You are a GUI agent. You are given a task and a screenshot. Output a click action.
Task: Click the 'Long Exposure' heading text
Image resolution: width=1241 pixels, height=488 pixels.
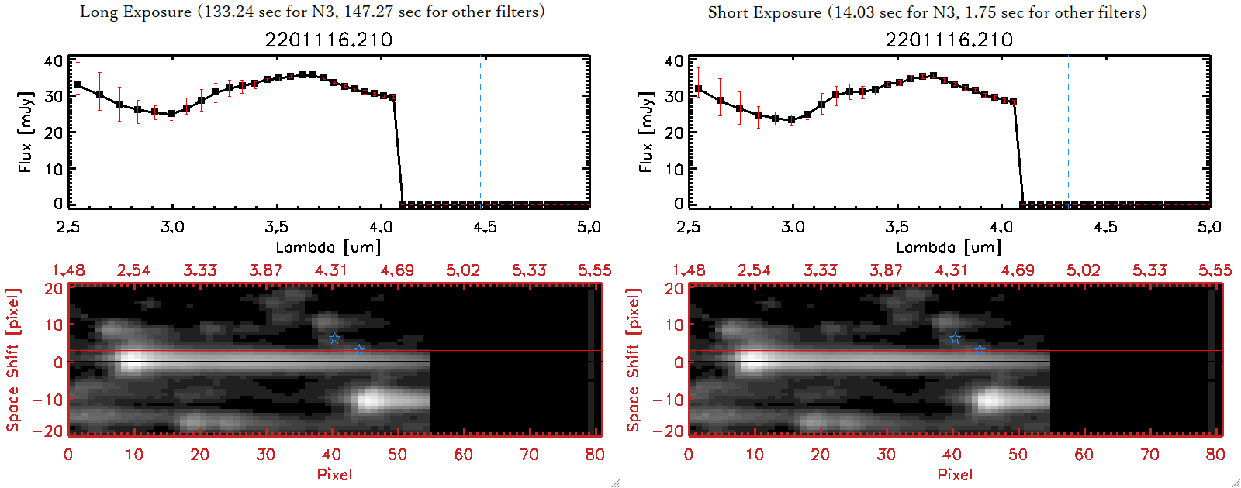tap(136, 12)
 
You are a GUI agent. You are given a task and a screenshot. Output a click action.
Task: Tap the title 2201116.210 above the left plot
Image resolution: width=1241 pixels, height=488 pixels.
tap(328, 40)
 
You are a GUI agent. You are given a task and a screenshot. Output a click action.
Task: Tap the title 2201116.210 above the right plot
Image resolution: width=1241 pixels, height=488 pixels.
tap(949, 40)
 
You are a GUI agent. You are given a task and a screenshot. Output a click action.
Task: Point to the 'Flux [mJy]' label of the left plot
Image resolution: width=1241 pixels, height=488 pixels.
tap(26, 132)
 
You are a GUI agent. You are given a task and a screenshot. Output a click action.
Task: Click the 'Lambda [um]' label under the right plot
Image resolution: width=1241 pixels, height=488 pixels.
tap(949, 247)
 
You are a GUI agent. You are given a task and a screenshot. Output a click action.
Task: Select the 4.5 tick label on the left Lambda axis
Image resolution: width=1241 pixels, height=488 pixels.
tap(485, 227)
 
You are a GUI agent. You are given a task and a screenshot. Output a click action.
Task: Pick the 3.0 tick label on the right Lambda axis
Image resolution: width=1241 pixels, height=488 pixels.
tap(793, 227)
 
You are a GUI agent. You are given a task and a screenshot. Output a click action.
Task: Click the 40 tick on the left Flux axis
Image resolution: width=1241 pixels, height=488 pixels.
tap(54, 61)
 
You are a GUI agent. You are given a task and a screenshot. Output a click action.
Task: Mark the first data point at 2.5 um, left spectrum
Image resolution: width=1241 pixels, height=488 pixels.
tap(78, 85)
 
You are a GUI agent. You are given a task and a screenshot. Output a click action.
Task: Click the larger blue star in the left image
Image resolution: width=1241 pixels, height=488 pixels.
tap(334, 339)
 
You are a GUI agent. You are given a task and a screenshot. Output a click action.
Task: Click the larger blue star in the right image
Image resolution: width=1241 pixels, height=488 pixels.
tap(955, 339)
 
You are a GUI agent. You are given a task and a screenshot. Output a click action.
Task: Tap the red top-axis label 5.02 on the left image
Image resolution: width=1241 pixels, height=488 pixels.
tap(463, 270)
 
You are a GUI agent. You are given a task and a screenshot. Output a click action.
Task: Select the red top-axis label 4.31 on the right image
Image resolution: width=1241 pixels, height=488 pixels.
tap(952, 270)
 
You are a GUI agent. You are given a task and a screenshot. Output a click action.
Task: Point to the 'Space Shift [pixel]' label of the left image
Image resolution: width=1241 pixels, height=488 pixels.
tap(12, 360)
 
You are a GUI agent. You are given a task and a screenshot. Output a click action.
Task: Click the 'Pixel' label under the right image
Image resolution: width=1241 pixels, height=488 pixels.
tap(955, 474)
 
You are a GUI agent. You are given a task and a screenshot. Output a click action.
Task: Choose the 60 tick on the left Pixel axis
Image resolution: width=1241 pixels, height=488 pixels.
tap(463, 455)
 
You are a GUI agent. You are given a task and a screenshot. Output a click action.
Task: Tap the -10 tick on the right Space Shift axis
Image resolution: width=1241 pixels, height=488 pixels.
tap(667, 400)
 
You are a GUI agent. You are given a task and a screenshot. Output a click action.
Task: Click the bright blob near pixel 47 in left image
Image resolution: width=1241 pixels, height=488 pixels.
tap(370, 400)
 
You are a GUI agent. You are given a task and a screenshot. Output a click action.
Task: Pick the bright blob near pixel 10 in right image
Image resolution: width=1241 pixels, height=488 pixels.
tap(752, 360)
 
